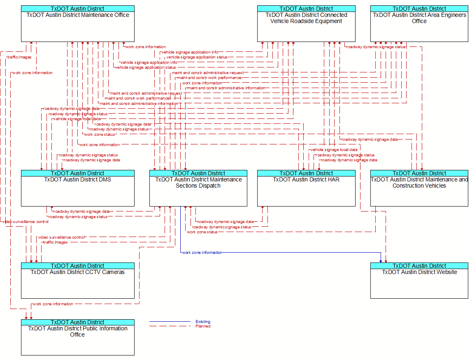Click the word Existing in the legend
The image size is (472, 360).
pos(203,322)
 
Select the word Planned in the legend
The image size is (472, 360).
pos(203,326)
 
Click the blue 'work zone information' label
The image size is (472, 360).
pos(202,253)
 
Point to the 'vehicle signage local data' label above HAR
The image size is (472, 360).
pos(334,150)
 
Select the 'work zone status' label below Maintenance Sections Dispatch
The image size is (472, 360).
pos(202,232)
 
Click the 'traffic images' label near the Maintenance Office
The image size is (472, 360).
pos(19,57)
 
